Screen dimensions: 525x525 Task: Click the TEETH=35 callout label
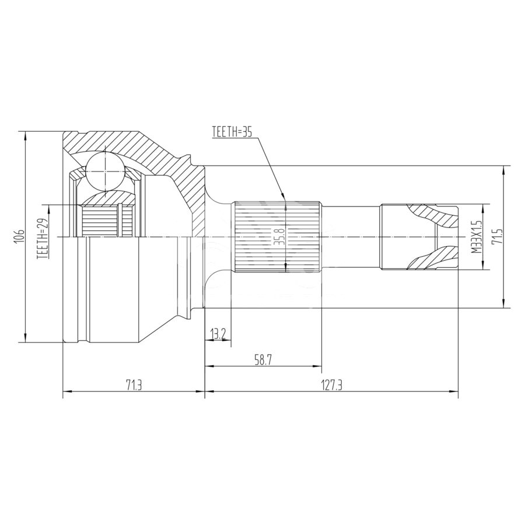click(232, 132)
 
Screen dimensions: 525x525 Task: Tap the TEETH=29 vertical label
click(43, 237)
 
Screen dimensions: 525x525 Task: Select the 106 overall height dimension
click(20, 236)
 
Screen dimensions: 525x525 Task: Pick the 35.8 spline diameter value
click(279, 236)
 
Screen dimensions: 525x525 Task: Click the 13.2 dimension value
click(218, 334)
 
